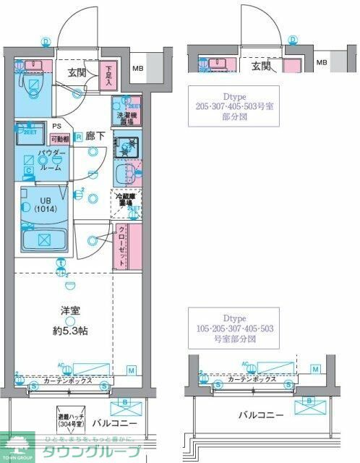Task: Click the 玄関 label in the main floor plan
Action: pyautogui.click(x=77, y=72)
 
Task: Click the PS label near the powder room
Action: pyautogui.click(x=56, y=125)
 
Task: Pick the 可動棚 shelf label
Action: pyautogui.click(x=59, y=139)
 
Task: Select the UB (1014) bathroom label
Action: pyautogui.click(x=45, y=205)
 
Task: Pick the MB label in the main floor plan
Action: pyautogui.click(x=137, y=70)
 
